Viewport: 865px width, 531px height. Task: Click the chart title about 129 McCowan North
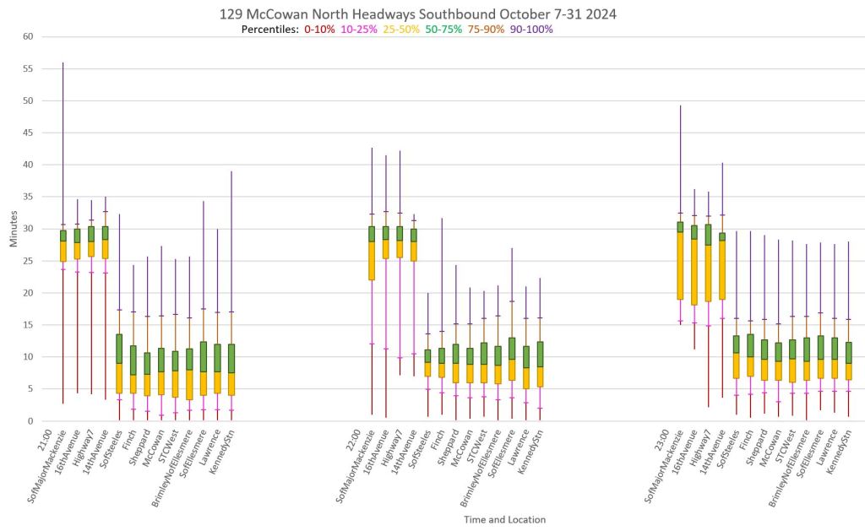432,14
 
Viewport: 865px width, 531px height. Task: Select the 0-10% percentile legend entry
319,30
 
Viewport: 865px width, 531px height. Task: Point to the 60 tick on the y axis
27,36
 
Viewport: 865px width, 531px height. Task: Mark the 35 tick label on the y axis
27,197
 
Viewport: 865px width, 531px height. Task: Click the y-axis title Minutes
14,229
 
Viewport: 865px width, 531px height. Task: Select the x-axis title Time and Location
504,519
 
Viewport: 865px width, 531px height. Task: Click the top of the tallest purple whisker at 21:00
63,62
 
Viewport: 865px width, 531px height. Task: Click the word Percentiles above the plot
269,30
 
